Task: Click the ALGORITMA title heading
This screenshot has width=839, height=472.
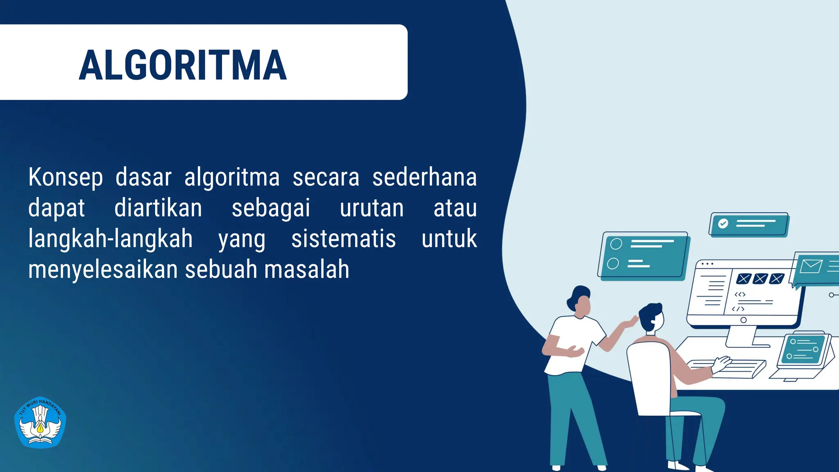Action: [x=183, y=65]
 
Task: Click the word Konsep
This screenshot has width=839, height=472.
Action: [x=66, y=178]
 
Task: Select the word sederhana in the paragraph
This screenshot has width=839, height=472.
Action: [x=424, y=178]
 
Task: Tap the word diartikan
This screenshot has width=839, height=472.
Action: [x=158, y=208]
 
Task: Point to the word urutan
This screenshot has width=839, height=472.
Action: [x=372, y=208]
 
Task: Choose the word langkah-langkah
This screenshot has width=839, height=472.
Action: [x=110, y=239]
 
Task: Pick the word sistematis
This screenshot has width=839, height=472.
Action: [x=343, y=239]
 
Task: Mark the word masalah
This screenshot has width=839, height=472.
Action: [x=307, y=270]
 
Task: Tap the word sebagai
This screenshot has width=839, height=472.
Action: [x=271, y=208]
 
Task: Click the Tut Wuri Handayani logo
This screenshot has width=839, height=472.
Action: [x=40, y=422]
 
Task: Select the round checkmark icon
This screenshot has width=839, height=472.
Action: [x=723, y=223]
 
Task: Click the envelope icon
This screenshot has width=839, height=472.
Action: [x=811, y=266]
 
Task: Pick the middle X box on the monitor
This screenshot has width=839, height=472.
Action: [x=760, y=279]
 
